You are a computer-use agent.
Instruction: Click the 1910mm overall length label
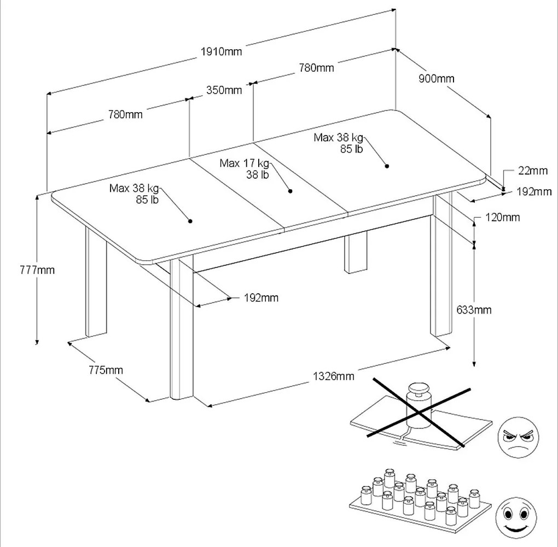pos(222,52)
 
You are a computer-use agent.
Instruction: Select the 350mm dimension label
pos(224,90)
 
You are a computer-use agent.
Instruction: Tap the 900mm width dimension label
pos(437,78)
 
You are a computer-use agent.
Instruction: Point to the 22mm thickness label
pos(532,171)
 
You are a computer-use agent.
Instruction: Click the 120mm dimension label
pos(502,218)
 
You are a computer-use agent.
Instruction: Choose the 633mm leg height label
pos(474,310)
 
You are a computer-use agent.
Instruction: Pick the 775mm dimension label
pos(106,370)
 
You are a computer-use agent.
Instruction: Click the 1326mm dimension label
pos(333,376)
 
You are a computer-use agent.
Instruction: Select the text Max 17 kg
pos(245,163)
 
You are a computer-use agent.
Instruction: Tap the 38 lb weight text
pos(257,175)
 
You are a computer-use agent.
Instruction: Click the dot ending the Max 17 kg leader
pos(290,191)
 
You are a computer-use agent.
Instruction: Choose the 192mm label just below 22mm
pos(534,192)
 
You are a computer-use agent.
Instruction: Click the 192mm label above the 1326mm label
pos(261,298)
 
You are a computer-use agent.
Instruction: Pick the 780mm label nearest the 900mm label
pos(316,68)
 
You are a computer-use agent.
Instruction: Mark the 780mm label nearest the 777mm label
pos(125,114)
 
